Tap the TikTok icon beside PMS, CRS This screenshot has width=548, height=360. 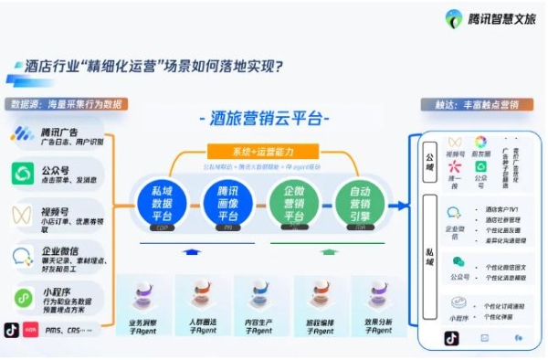pyautogui.click(x=12, y=329)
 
